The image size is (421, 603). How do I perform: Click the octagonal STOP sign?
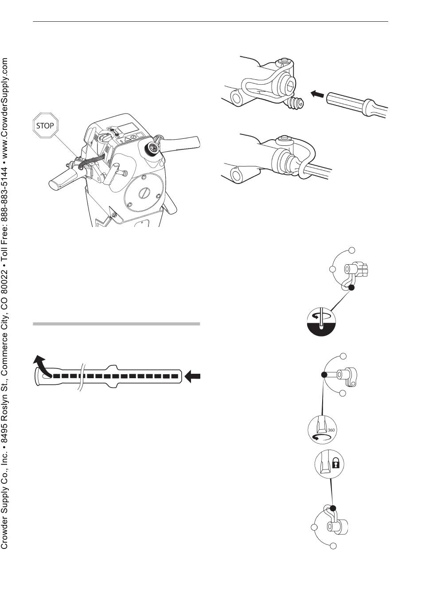pyautogui.click(x=45, y=125)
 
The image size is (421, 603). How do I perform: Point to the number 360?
pyautogui.click(x=331, y=430)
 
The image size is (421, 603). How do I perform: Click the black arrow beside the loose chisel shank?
pyautogui.click(x=317, y=94)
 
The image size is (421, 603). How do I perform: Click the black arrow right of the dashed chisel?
pyautogui.click(x=193, y=376)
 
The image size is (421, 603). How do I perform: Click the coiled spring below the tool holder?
pyautogui.click(x=296, y=104)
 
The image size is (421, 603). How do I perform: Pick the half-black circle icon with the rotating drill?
pyautogui.click(x=321, y=322)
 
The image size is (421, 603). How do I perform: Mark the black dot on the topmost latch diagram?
pyautogui.click(x=351, y=288)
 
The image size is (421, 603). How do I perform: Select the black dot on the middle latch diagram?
pyautogui.click(x=324, y=375)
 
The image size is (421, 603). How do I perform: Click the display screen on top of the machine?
pyautogui.click(x=127, y=128)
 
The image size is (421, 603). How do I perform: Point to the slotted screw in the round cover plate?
pyautogui.click(x=143, y=193)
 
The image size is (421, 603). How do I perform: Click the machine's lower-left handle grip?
pyautogui.click(x=62, y=181)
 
